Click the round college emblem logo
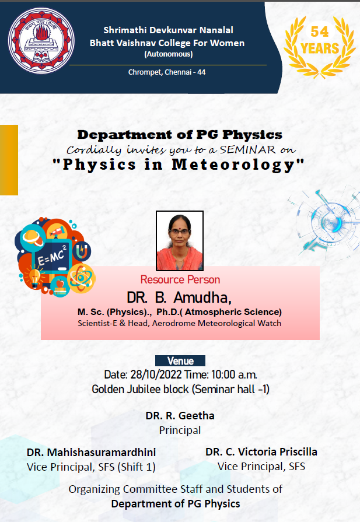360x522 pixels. pos(41,41)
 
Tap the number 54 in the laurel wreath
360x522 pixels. pos(320,32)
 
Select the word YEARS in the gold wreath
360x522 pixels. pos(320,48)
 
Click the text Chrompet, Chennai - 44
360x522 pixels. pos(167,72)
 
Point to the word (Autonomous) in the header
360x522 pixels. pos(169,54)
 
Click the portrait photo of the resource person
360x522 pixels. pos(180,241)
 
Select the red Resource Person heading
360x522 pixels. pos(180,279)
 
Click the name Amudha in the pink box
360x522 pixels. pos(202,297)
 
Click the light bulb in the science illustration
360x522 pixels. pos(34,277)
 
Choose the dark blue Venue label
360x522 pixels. pos(180,361)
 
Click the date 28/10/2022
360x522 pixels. pos(156,374)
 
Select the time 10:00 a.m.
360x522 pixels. pos(234,374)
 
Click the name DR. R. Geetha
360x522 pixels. pos(180,415)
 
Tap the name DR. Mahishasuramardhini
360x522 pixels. pos(91,452)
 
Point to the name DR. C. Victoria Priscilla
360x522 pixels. pos(261,452)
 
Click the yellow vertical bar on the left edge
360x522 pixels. pos(9,160)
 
